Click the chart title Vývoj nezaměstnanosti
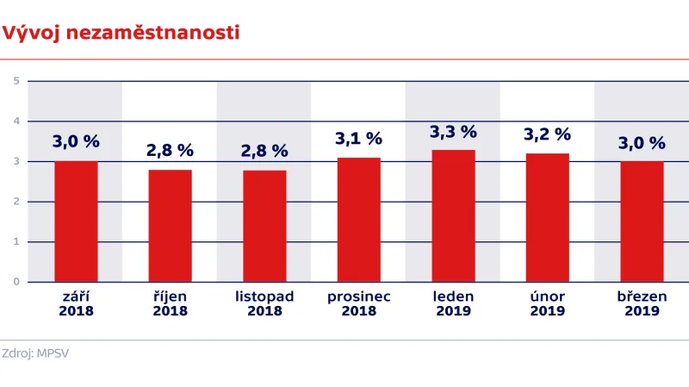120,33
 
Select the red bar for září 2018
76,222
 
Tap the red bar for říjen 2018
170,226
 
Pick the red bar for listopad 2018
264,226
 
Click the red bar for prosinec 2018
359,220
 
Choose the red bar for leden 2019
453,215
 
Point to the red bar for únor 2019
548,217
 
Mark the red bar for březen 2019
642,222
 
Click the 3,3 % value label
453,132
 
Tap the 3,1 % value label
359,138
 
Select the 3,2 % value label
548,134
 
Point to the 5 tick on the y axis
16,81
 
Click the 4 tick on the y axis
16,122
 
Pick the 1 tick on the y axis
16,242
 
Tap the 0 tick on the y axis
16,282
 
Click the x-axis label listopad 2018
264,303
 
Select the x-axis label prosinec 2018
359,303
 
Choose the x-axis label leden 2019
453,303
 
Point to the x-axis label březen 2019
642,303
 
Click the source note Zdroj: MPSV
40,353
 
